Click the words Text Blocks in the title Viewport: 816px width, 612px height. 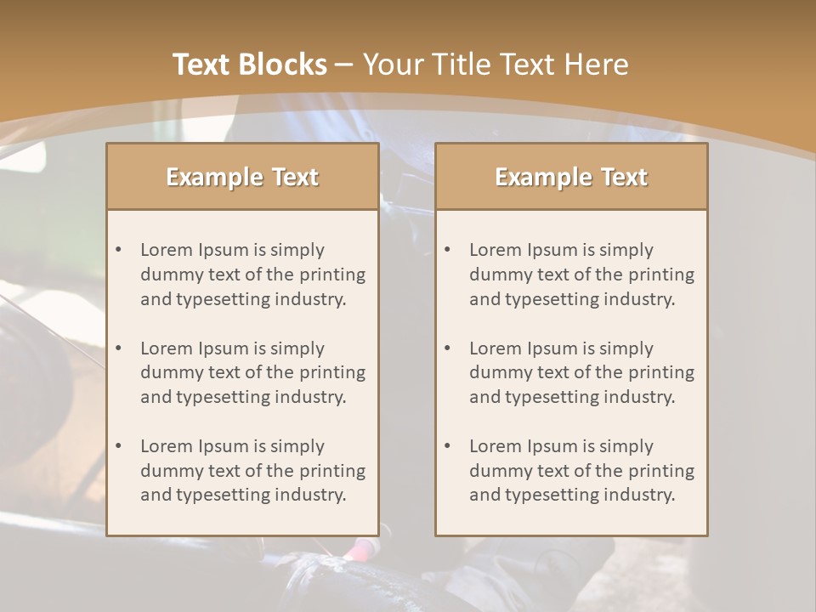[249, 65]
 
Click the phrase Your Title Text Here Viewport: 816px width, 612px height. [496, 65]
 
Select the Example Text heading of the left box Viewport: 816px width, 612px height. [242, 177]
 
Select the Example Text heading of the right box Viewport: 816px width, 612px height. [571, 177]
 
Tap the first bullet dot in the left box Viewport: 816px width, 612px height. [118, 250]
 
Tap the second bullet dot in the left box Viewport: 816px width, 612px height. [118, 348]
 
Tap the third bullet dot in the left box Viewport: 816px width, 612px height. [118, 446]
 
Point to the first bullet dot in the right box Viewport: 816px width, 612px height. [447, 250]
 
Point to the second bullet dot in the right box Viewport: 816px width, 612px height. [447, 348]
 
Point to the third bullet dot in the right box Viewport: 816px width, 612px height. [447, 446]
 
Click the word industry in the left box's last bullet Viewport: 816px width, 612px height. [310, 495]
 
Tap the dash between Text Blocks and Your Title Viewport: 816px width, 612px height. [344, 65]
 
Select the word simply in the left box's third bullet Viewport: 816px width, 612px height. [298, 446]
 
